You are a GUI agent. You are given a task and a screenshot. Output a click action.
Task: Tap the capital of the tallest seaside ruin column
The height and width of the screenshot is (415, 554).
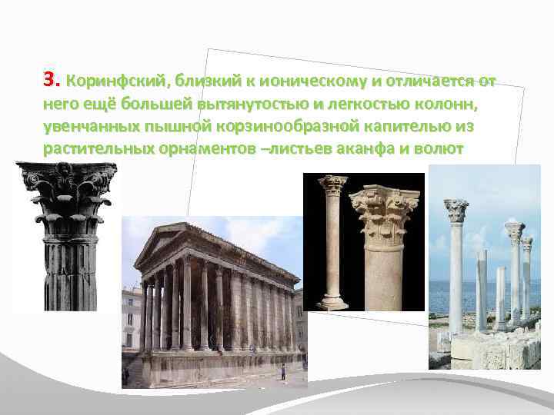click(x=456, y=210)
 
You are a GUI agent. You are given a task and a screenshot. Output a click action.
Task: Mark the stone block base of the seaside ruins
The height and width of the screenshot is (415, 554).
click(x=492, y=350)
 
